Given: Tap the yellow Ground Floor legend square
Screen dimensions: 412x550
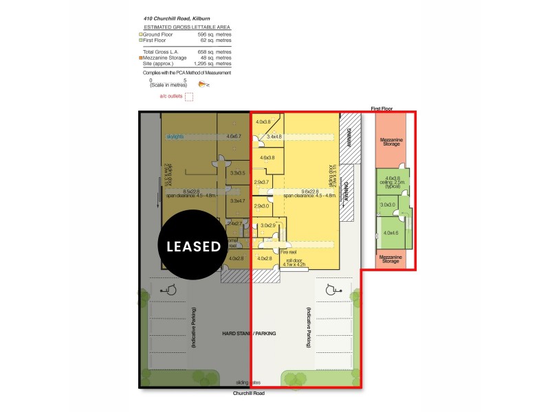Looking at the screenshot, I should pyautogui.click(x=141, y=34).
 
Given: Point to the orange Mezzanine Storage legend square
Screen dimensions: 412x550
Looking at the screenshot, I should pyautogui.click(x=141, y=58).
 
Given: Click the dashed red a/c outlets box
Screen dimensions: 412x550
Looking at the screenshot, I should pyautogui.click(x=189, y=97).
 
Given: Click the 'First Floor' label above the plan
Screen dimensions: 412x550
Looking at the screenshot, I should pyautogui.click(x=381, y=108).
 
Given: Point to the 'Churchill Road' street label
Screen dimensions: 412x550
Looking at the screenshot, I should pyautogui.click(x=249, y=393).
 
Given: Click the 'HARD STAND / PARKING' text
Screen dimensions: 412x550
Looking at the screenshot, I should pyautogui.click(x=249, y=333).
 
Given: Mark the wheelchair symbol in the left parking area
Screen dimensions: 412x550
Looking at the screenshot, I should pyautogui.click(x=168, y=291).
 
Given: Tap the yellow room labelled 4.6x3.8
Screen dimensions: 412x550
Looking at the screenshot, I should pyautogui.click(x=267, y=158).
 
